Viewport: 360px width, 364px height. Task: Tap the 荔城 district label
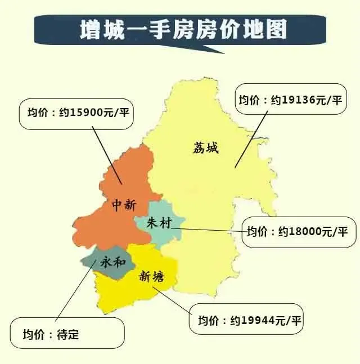205,148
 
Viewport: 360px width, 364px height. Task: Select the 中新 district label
123,205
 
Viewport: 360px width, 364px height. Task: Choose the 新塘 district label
151,276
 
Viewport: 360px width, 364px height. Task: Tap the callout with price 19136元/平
290,100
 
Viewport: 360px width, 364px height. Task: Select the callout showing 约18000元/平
298,232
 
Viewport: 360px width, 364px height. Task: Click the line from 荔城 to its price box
250,141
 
